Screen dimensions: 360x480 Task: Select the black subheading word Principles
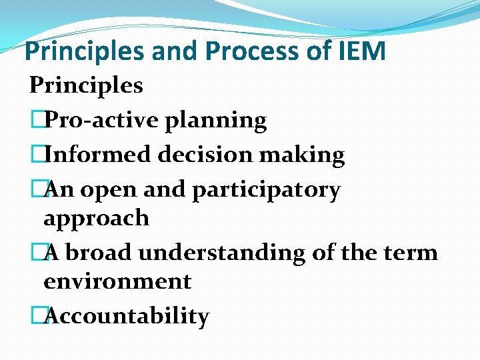click(x=86, y=85)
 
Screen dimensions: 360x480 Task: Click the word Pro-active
click(x=93, y=120)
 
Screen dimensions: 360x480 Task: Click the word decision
click(x=199, y=155)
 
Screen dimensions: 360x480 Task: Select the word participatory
click(x=266, y=191)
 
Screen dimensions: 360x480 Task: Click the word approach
click(x=96, y=218)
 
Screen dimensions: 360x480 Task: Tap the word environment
click(x=117, y=281)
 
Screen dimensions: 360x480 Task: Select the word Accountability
click(x=126, y=316)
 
